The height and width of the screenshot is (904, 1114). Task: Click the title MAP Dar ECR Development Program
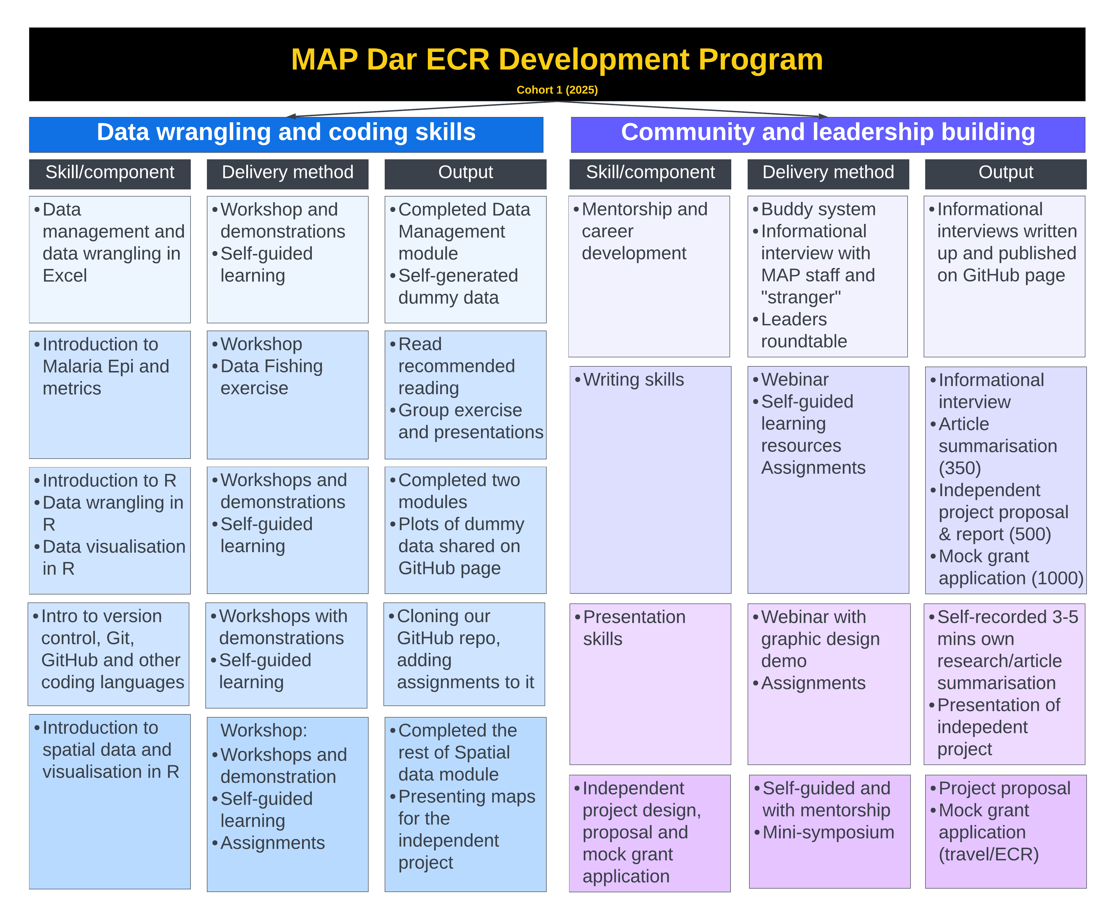tap(557, 59)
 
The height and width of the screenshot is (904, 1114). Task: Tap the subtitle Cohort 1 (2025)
tap(557, 90)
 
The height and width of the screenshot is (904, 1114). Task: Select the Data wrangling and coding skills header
tap(286, 132)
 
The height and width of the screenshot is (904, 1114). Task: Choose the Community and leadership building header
tap(828, 132)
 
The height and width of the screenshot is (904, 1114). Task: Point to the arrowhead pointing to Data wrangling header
tap(291, 116)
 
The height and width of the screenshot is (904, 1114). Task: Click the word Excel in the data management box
tap(65, 276)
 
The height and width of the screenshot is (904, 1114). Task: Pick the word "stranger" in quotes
tap(801, 297)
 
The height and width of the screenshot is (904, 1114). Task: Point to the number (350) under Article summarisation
tap(959, 468)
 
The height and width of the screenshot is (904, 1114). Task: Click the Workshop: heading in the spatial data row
tap(264, 730)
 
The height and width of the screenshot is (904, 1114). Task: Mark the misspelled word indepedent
tap(982, 727)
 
